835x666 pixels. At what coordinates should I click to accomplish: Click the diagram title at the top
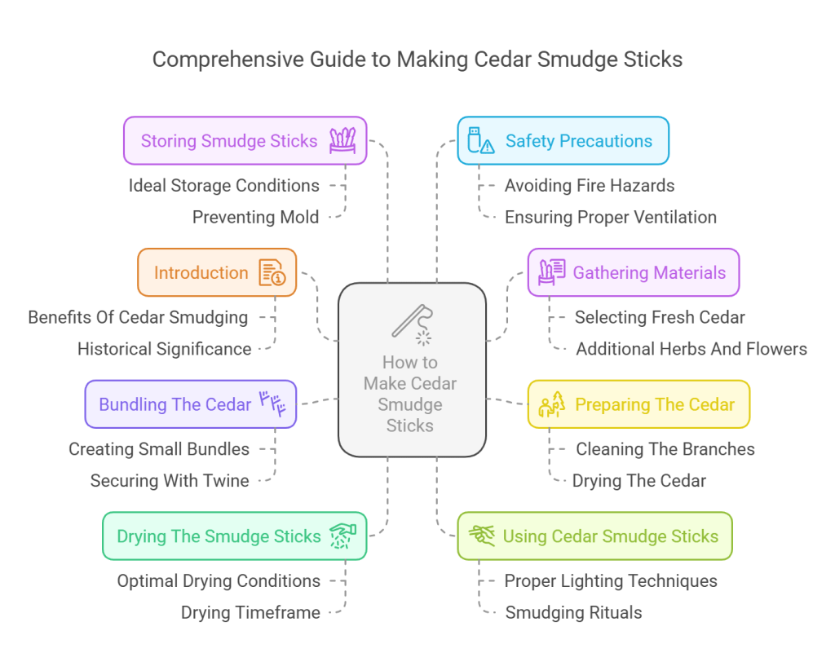click(x=417, y=60)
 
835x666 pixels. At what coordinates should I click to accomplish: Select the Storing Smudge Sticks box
click(x=245, y=141)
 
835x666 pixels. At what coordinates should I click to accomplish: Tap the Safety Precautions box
click(x=563, y=141)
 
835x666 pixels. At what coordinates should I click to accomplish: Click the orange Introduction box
click(x=216, y=273)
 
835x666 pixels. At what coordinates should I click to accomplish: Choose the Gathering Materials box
click(x=633, y=273)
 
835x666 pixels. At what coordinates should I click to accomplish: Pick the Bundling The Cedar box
click(x=190, y=404)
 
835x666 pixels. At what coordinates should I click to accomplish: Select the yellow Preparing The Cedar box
click(x=638, y=404)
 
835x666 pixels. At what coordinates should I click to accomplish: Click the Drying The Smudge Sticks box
click(x=234, y=536)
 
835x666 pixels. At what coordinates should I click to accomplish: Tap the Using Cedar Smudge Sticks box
click(x=594, y=536)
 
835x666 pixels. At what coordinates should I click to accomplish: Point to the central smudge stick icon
click(x=412, y=323)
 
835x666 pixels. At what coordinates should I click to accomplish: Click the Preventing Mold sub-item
click(x=255, y=217)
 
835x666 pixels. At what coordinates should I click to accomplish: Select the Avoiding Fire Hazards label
click(x=589, y=186)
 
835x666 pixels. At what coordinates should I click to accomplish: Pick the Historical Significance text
click(x=164, y=349)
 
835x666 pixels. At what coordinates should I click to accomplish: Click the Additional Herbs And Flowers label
click(x=691, y=349)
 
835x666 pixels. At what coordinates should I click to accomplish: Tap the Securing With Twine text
click(x=170, y=481)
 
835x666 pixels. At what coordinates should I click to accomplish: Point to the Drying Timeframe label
click(x=250, y=612)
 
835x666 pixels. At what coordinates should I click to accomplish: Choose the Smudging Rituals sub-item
click(x=573, y=612)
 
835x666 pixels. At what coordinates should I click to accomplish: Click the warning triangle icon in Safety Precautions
click(x=488, y=147)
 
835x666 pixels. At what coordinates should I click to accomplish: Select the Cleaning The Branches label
click(x=665, y=449)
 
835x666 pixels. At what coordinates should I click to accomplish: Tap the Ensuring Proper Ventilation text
click(x=610, y=217)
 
